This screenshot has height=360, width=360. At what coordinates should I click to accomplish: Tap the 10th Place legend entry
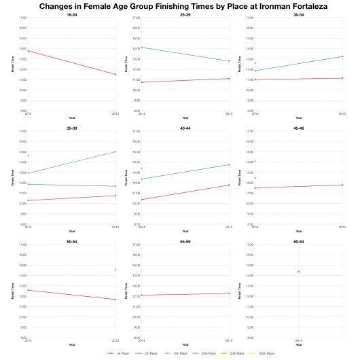[x=179, y=353]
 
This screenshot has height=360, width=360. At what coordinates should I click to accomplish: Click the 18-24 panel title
[x=72, y=14]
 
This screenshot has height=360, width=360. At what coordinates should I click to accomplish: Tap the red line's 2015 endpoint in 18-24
[x=116, y=74]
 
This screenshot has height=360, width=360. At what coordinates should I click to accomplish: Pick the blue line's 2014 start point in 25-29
[x=141, y=48]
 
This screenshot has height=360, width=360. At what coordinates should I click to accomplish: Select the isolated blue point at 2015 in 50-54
[x=116, y=270]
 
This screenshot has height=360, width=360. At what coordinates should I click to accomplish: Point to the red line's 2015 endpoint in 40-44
[x=230, y=185]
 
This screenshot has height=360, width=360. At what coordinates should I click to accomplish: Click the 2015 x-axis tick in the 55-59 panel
[x=230, y=340]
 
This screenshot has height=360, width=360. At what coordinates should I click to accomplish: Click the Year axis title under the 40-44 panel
[x=185, y=232]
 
